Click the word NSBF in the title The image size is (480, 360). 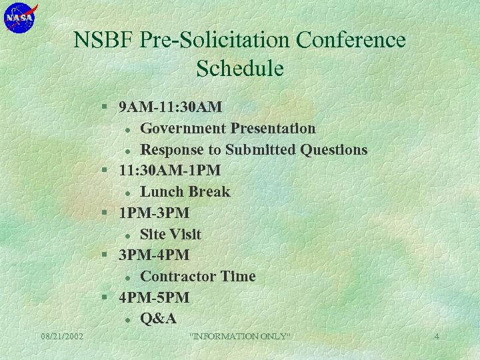pos(104,41)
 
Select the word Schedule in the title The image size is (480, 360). pos(240,69)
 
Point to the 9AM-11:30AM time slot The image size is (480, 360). pos(170,107)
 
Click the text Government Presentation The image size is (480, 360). pos(227,128)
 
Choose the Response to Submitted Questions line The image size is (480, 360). pos(253,149)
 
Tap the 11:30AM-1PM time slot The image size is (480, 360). pos(169,171)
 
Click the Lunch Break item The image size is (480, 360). pos(185,192)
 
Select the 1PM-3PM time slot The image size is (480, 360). pos(153,213)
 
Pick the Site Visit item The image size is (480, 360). pos(170,234)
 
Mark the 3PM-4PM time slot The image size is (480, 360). pos(153,255)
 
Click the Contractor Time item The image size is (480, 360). pos(197,277)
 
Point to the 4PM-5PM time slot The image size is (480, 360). pos(153,297)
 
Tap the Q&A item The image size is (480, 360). pos(158,319)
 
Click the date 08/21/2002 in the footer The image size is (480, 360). pos(61,337)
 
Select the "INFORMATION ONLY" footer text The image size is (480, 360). pos(240,337)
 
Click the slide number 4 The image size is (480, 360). pos(437,337)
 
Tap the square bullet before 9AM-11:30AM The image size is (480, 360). pos(105,107)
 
